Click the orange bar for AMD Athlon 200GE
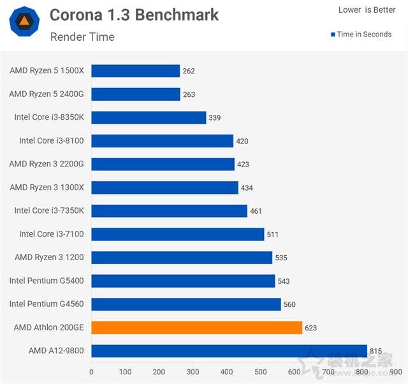tap(196, 328)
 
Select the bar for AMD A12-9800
tap(229, 351)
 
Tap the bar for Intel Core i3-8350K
tap(149, 117)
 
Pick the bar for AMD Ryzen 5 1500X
tap(135, 71)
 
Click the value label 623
tap(311, 328)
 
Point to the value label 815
tap(377, 351)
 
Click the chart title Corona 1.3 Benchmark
tap(134, 15)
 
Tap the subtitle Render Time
tap(82, 37)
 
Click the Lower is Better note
tap(367, 10)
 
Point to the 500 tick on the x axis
tap(261, 372)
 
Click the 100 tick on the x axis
tap(125, 372)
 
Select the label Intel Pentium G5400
tap(47, 281)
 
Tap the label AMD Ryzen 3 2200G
tap(47, 164)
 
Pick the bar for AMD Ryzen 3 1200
tap(182, 258)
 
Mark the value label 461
tap(256, 211)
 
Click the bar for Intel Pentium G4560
tap(186, 304)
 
